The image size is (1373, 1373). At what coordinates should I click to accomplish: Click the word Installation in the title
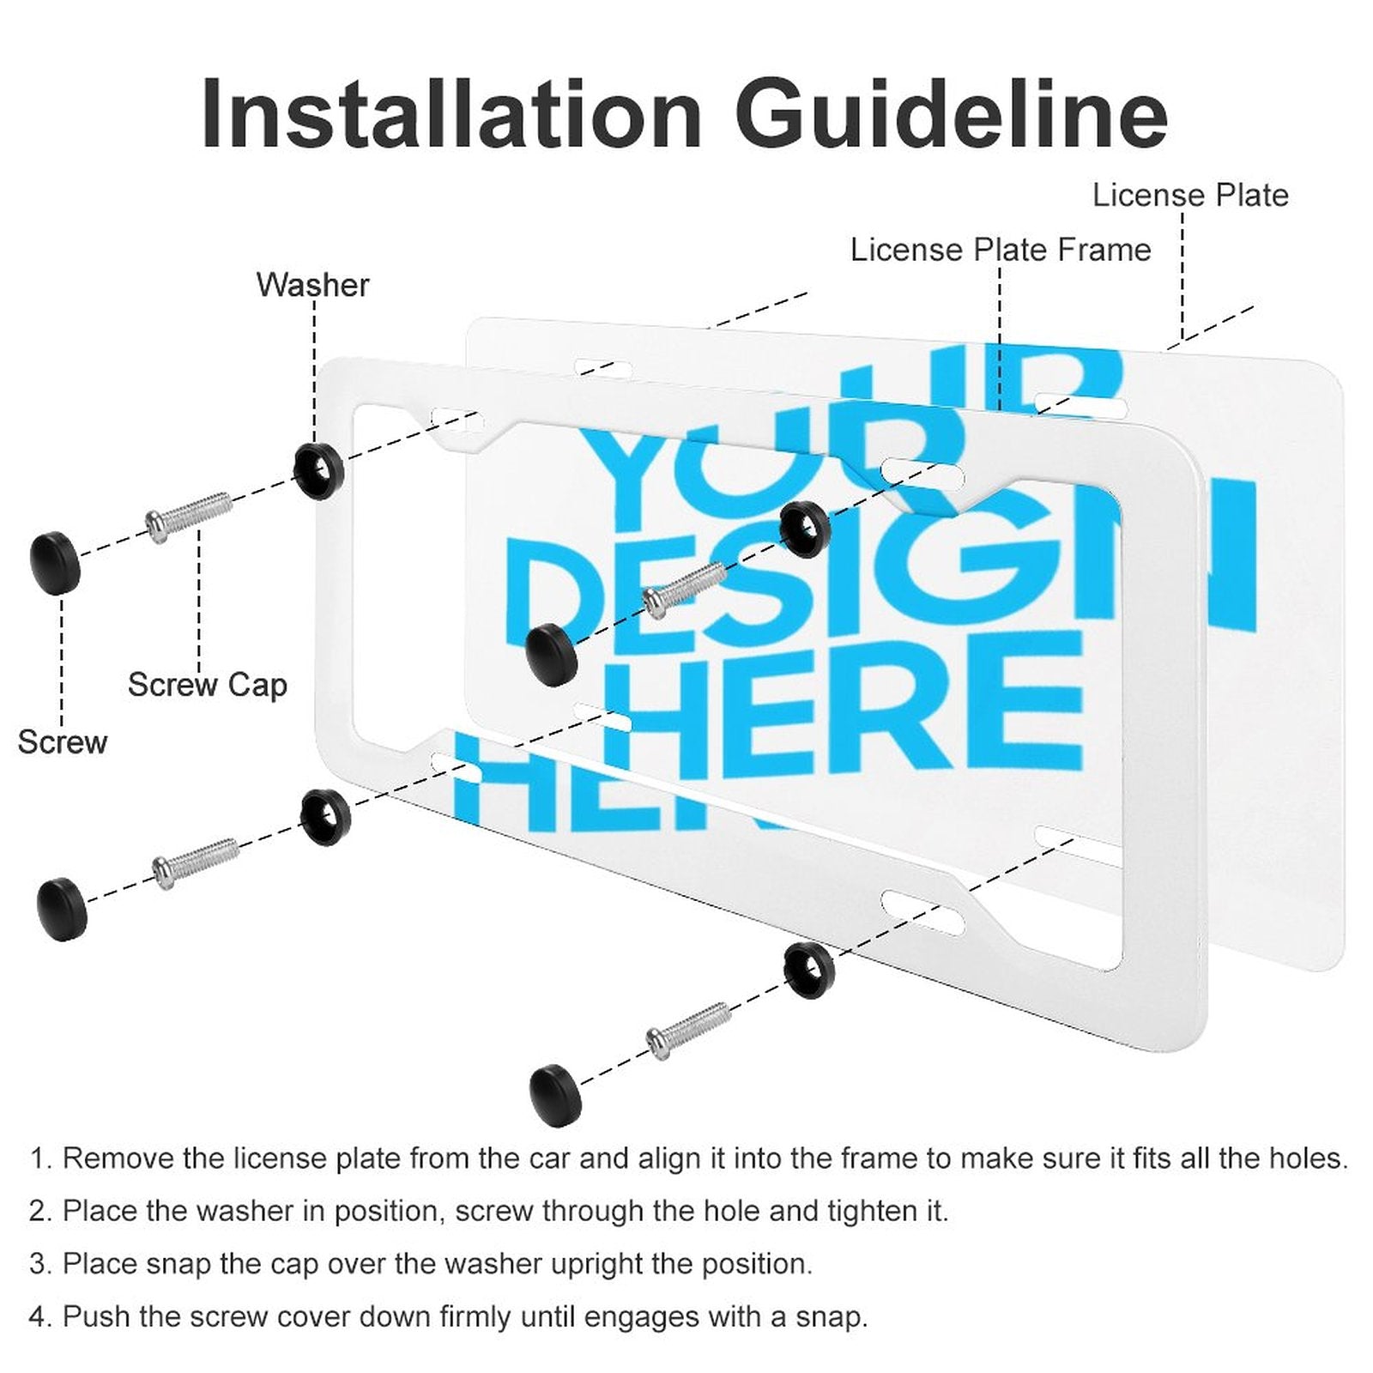pyautogui.click(x=452, y=113)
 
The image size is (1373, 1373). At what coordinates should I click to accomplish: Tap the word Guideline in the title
pyautogui.click(x=951, y=113)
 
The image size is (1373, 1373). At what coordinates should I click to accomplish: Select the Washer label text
pyautogui.click(x=312, y=285)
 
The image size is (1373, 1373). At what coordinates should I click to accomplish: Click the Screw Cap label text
pyautogui.click(x=208, y=686)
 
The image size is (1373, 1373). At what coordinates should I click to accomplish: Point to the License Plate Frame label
pyautogui.click(x=1001, y=250)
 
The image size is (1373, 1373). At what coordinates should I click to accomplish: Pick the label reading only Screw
pyautogui.click(x=63, y=742)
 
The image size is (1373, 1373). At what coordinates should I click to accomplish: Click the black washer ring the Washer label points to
pyautogui.click(x=318, y=471)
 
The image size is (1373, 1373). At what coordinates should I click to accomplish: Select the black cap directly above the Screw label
pyautogui.click(x=55, y=563)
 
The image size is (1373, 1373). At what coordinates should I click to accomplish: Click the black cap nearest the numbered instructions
pyautogui.click(x=555, y=1095)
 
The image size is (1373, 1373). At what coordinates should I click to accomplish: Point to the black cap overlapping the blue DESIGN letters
pyautogui.click(x=552, y=655)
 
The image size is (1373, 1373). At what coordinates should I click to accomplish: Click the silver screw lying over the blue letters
pyautogui.click(x=685, y=589)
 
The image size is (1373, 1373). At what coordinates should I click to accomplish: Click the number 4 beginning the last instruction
pyautogui.click(x=39, y=1316)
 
